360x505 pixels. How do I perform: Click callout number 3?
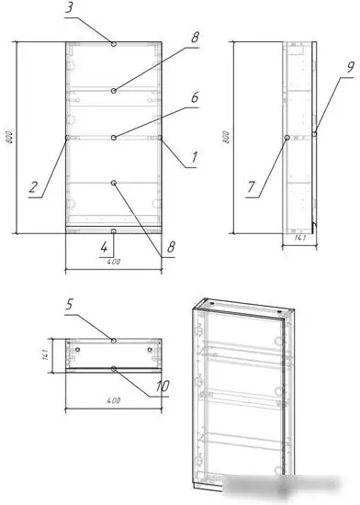tap(70, 8)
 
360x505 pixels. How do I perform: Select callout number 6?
tap(195, 96)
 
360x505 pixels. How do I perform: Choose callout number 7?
tap(251, 188)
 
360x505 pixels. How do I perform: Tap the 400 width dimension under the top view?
tap(114, 401)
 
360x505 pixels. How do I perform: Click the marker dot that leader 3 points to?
tap(113, 43)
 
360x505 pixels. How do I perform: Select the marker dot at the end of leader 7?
tap(287, 138)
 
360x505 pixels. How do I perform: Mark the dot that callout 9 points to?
tap(314, 134)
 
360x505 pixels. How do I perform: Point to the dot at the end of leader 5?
tap(113, 341)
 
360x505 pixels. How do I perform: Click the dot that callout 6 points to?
tap(113, 138)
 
